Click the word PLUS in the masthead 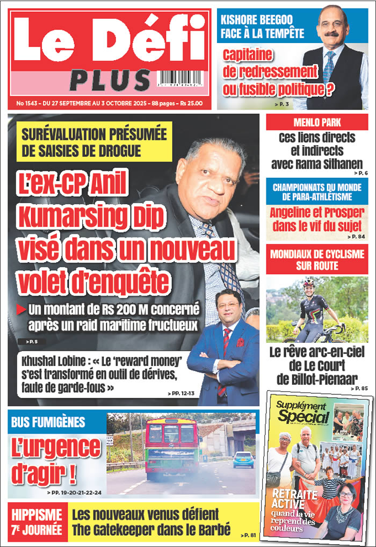pyautogui.click(x=110, y=80)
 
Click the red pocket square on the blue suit pyautogui.click(x=240, y=342)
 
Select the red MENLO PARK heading pyautogui.click(x=317, y=122)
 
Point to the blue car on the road pyautogui.click(x=243, y=459)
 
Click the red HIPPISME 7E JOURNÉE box pyautogui.click(x=38, y=521)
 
